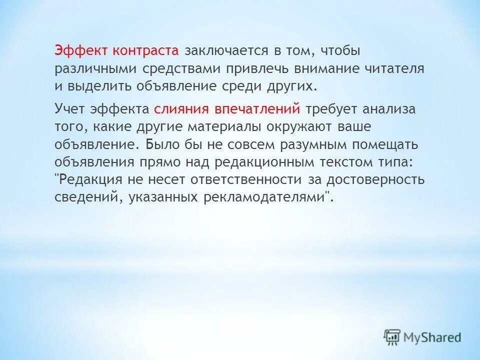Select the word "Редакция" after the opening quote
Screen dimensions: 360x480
click(x=93, y=179)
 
